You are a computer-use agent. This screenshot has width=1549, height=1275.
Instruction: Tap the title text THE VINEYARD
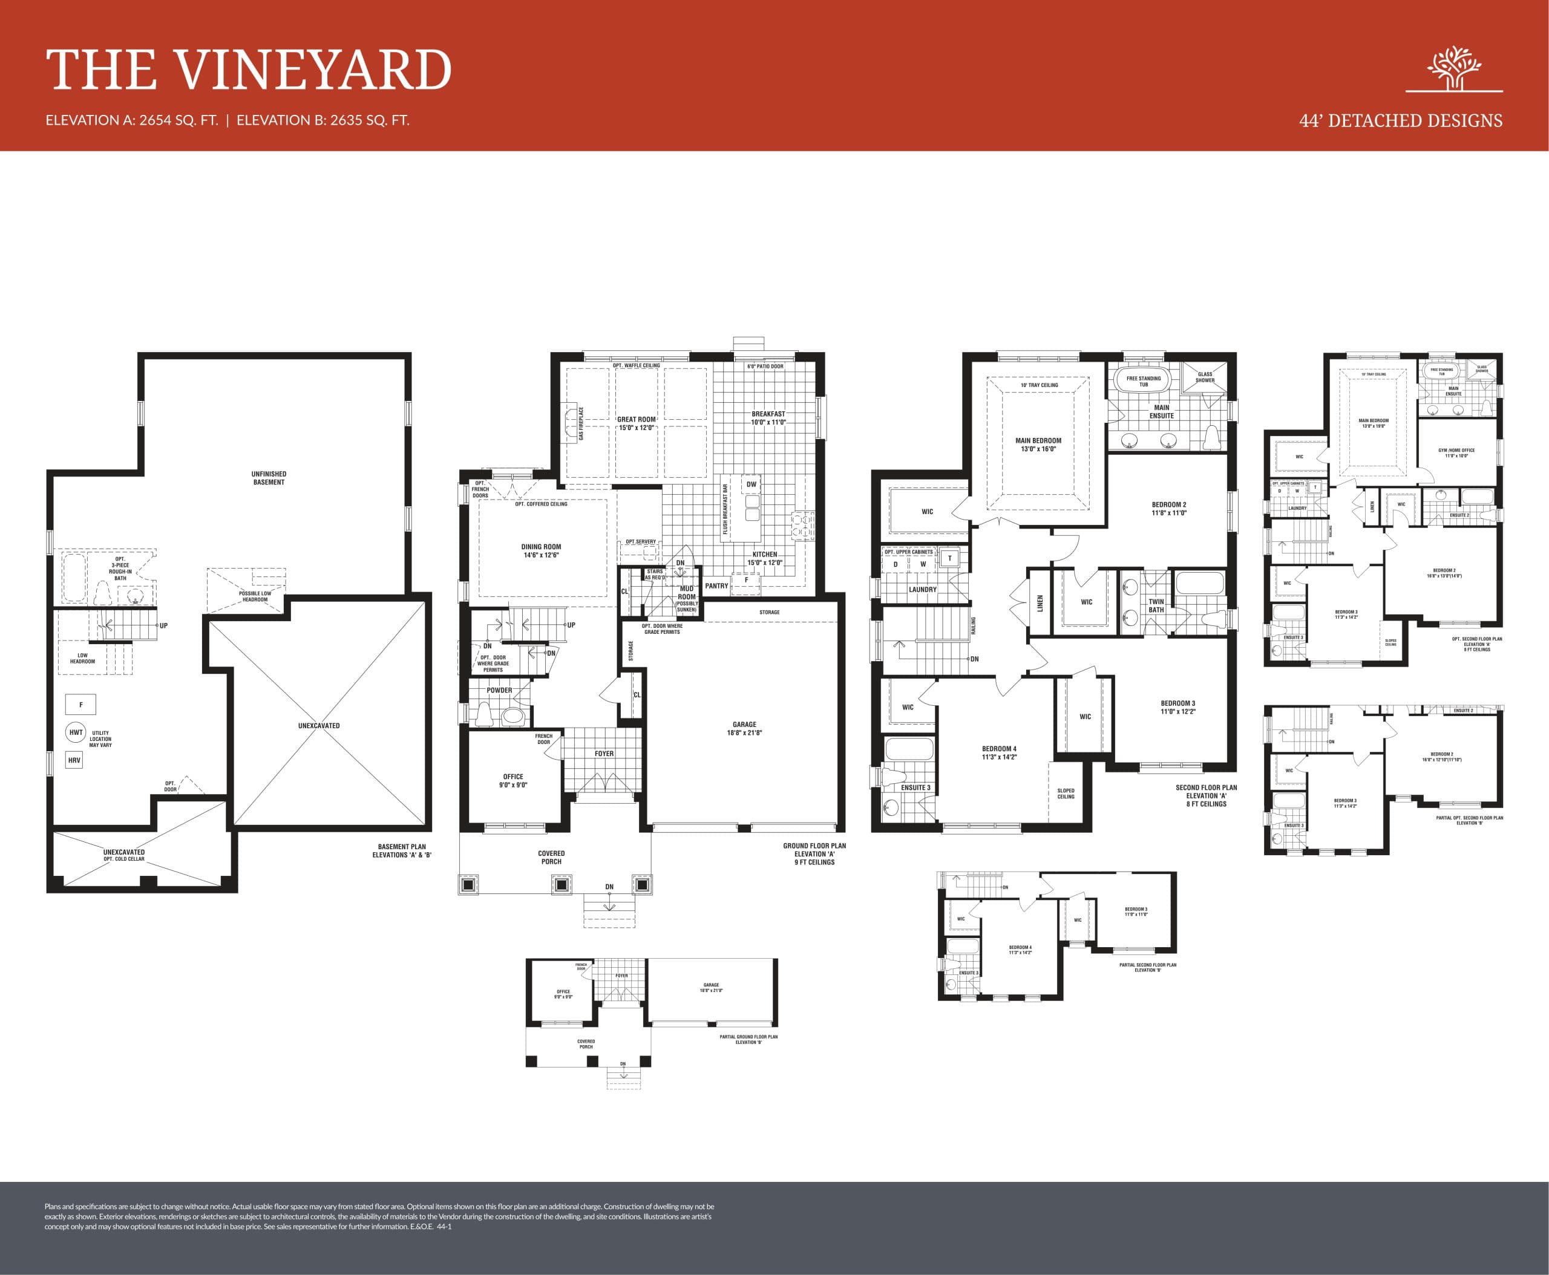pyautogui.click(x=248, y=71)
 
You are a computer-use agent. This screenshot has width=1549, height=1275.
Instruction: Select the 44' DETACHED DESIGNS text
pyautogui.click(x=1401, y=121)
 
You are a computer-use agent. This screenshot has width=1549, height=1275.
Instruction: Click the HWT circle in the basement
pyautogui.click(x=76, y=732)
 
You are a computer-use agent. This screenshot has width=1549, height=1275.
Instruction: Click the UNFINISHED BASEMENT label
pyautogui.click(x=269, y=478)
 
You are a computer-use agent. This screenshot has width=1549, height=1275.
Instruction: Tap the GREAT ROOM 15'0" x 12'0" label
pyautogui.click(x=637, y=423)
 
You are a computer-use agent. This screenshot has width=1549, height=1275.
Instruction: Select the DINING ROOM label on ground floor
pyautogui.click(x=541, y=551)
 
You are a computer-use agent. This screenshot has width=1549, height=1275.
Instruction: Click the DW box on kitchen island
pyautogui.click(x=751, y=484)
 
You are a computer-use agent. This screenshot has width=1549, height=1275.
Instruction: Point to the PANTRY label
pyautogui.click(x=716, y=586)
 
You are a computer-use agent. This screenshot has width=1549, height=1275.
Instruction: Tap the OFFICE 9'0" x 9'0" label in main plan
pyautogui.click(x=513, y=781)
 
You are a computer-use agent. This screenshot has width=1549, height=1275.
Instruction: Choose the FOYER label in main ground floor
pyautogui.click(x=604, y=754)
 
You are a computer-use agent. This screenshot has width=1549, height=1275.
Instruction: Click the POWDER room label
pyautogui.click(x=499, y=690)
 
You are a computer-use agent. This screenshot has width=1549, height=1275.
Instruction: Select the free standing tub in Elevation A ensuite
pyautogui.click(x=1144, y=381)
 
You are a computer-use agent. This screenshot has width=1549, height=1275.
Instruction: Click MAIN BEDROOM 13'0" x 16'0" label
pyautogui.click(x=1038, y=445)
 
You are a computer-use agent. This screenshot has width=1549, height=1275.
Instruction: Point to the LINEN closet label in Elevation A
pyautogui.click(x=1040, y=603)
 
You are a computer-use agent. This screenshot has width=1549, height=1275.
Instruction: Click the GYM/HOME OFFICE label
pyautogui.click(x=1456, y=453)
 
